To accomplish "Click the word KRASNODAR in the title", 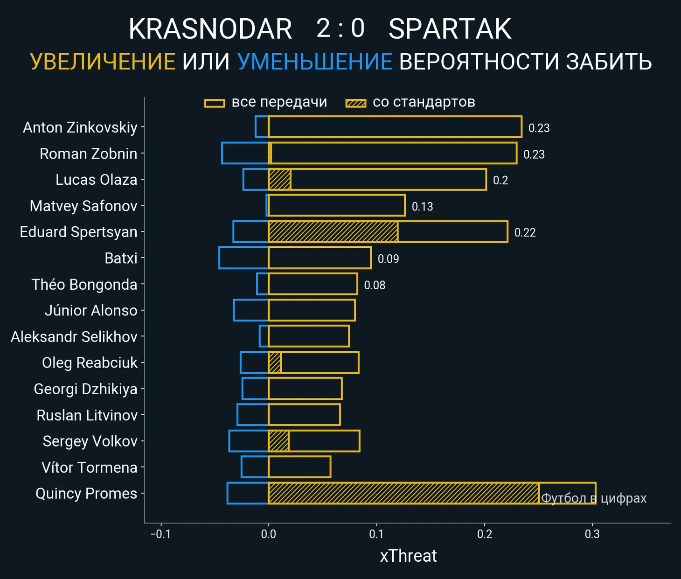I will point(210,29).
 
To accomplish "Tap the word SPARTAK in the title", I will point(450,29).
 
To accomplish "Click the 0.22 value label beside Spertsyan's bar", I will point(525,232).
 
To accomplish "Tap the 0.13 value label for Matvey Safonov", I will point(422,206).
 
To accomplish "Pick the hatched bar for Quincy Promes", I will point(403,493).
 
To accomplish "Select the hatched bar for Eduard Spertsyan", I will point(333,232).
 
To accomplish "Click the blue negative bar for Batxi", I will point(243,258).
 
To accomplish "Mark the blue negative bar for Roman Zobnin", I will point(245,153).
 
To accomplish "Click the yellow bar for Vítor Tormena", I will point(299,467).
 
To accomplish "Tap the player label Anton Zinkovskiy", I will point(80,127).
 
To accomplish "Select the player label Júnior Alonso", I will point(91,310).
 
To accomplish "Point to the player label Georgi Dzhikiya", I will point(86,389).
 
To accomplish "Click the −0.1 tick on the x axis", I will point(160,534).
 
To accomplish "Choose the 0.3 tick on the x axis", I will point(592,534).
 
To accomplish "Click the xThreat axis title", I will point(408,556).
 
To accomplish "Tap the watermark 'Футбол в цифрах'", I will point(594,498).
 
